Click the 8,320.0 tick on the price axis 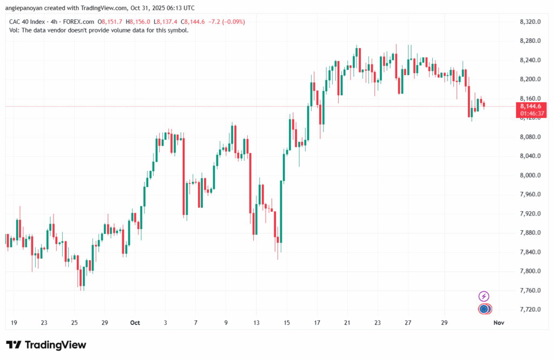pyautogui.click(x=530, y=22)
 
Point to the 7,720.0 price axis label pyautogui.click(x=530, y=310)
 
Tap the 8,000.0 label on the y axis pyautogui.click(x=530, y=175)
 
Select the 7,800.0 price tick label pyautogui.click(x=530, y=271)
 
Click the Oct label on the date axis pyautogui.click(x=135, y=323)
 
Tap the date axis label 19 pyautogui.click(x=14, y=323)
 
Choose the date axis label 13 pyautogui.click(x=256, y=323)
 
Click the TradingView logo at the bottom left pyautogui.click(x=46, y=345)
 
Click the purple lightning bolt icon pyautogui.click(x=484, y=296)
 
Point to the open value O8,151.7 pyautogui.click(x=111, y=22)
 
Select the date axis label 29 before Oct pyautogui.click(x=105, y=323)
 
